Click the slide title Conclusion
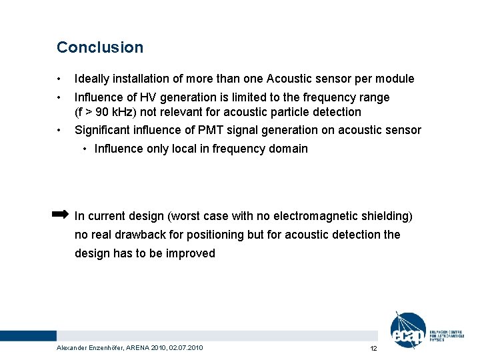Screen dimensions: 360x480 pyautogui.click(x=100, y=47)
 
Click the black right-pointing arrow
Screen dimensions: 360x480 pyautogui.click(x=60, y=214)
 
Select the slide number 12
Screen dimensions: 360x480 pyautogui.click(x=373, y=349)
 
